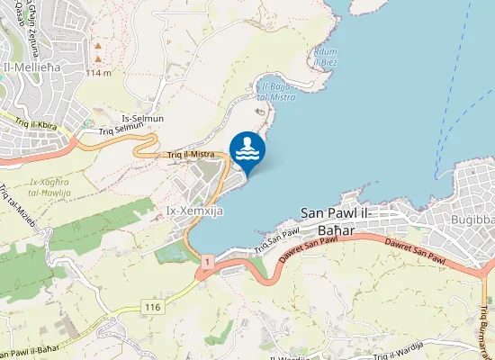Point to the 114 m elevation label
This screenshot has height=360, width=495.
[98, 72]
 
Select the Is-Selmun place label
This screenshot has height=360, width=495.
[143, 119]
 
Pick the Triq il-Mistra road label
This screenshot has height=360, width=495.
[189, 155]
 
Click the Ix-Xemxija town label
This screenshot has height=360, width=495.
[194, 211]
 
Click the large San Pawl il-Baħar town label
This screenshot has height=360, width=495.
[351, 214]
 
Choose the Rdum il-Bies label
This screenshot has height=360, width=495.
[325, 57]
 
